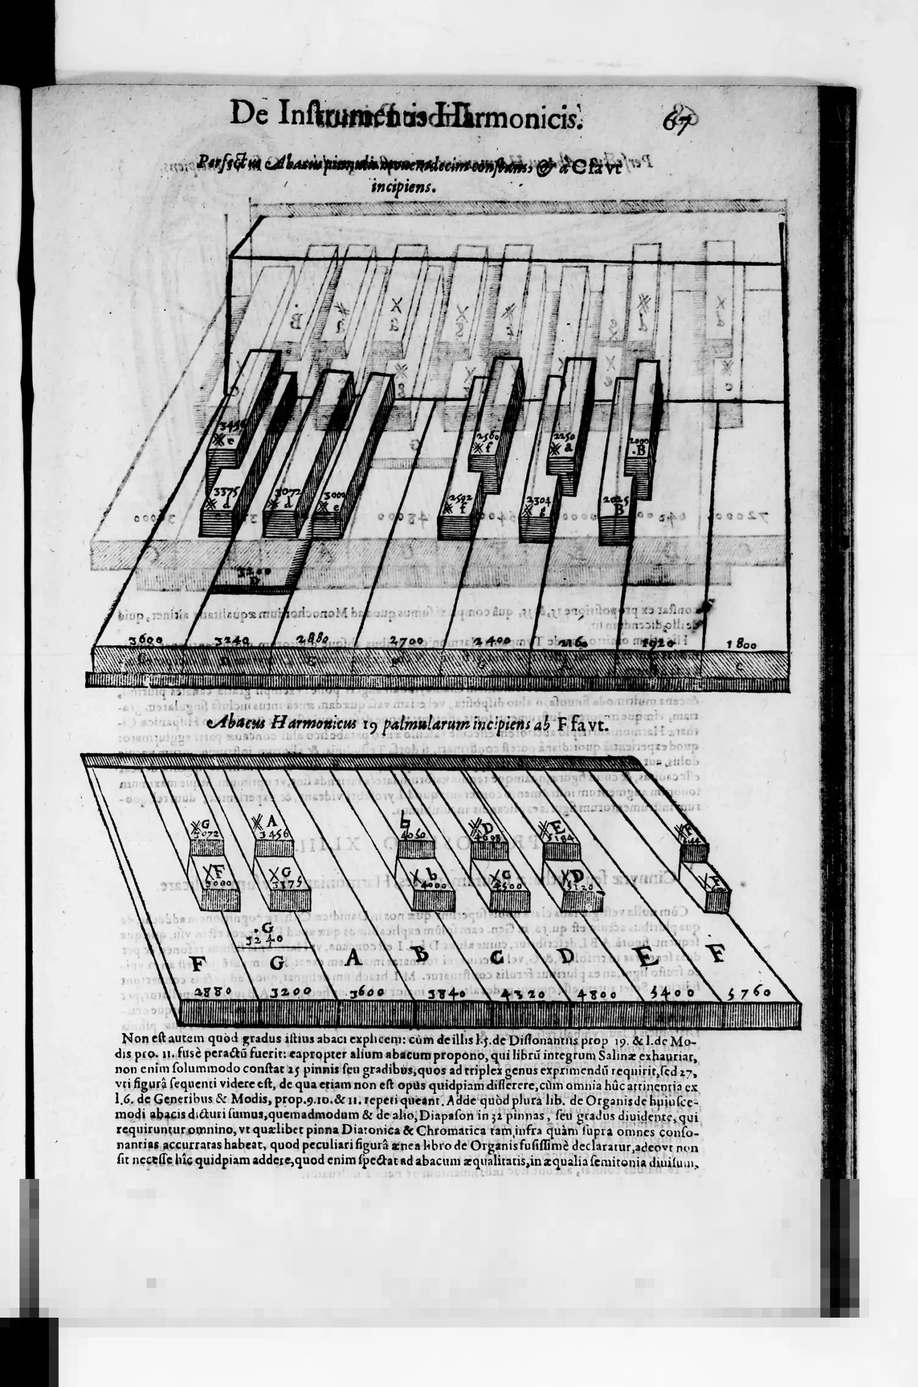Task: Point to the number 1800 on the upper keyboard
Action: [x=741, y=644]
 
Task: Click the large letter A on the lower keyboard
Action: [x=353, y=958]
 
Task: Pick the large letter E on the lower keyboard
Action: [x=646, y=959]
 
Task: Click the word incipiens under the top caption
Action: [x=404, y=189]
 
